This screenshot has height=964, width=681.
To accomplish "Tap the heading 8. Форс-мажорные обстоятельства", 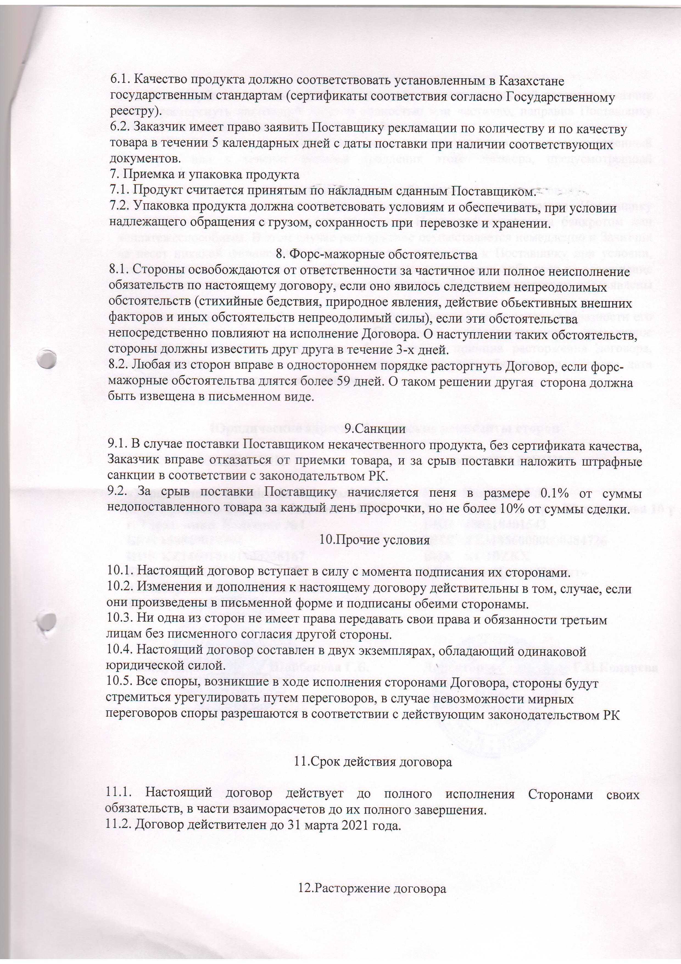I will (x=377, y=254).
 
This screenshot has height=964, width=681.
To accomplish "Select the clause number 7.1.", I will (x=119, y=192).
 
